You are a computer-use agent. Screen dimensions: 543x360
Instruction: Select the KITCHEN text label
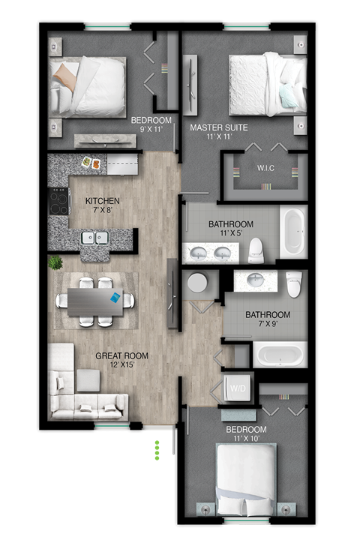[102, 201]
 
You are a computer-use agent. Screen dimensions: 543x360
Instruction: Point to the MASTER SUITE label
[219, 127]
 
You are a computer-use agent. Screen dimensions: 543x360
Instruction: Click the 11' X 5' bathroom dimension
[230, 234]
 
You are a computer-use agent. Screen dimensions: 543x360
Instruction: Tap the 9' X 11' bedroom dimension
[151, 130]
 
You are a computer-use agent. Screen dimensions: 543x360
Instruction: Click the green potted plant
[55, 263]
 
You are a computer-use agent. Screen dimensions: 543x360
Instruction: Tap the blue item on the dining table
[115, 298]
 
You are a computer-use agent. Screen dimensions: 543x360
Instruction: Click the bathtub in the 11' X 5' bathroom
[292, 232]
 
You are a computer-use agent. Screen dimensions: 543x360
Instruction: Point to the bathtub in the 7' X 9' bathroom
[279, 353]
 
